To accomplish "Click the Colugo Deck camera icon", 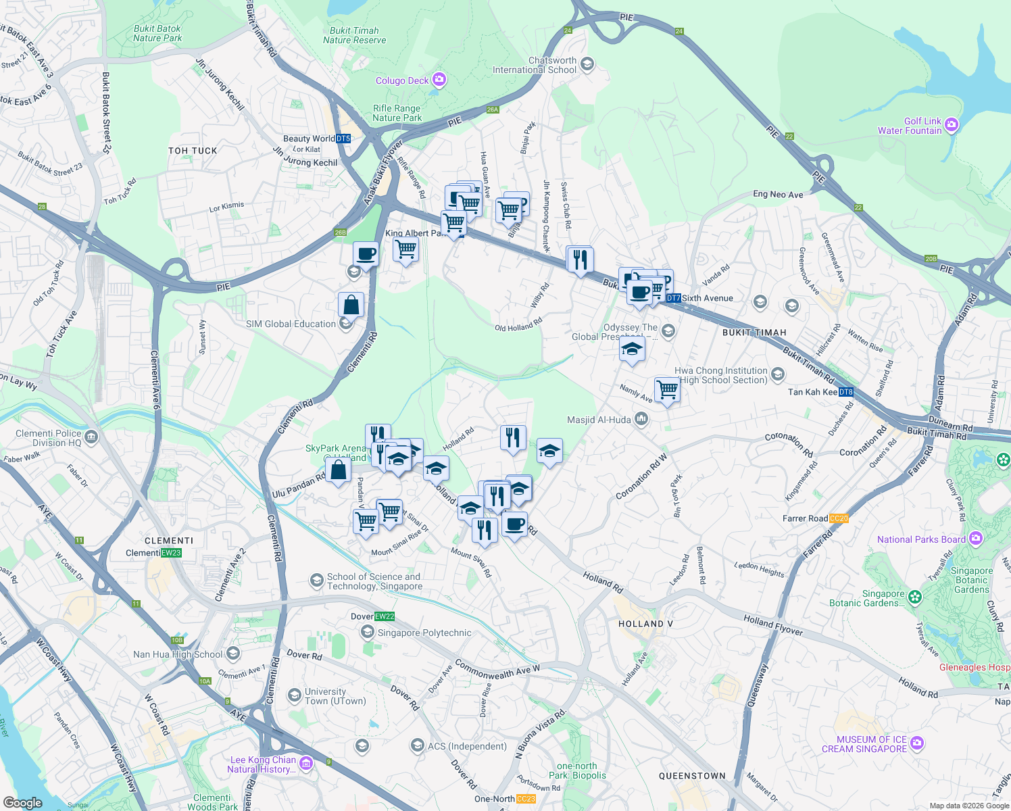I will (x=439, y=80).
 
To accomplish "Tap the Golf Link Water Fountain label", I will (x=910, y=126).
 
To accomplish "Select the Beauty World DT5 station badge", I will (x=343, y=139).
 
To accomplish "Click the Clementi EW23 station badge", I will (x=171, y=553).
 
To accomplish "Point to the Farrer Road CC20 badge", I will (x=838, y=518).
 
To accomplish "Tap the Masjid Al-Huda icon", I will (x=641, y=420).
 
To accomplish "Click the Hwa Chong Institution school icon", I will (x=777, y=374).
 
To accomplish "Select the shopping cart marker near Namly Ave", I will (x=667, y=389).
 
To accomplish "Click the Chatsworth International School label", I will (x=535, y=65).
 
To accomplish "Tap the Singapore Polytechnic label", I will (x=424, y=633).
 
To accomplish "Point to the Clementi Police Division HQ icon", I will (x=91, y=437).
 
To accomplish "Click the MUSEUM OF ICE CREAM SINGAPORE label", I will (x=864, y=744).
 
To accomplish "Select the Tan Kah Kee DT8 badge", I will (x=846, y=392).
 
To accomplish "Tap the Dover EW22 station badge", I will (x=384, y=616).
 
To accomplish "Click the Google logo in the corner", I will (x=23, y=802).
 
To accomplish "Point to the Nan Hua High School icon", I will (x=233, y=654).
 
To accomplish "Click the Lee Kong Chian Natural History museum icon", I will (x=305, y=764).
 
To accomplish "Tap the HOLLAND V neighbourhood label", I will (x=645, y=624).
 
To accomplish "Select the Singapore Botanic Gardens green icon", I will (x=915, y=597).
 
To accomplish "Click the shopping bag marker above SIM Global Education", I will (x=351, y=305).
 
